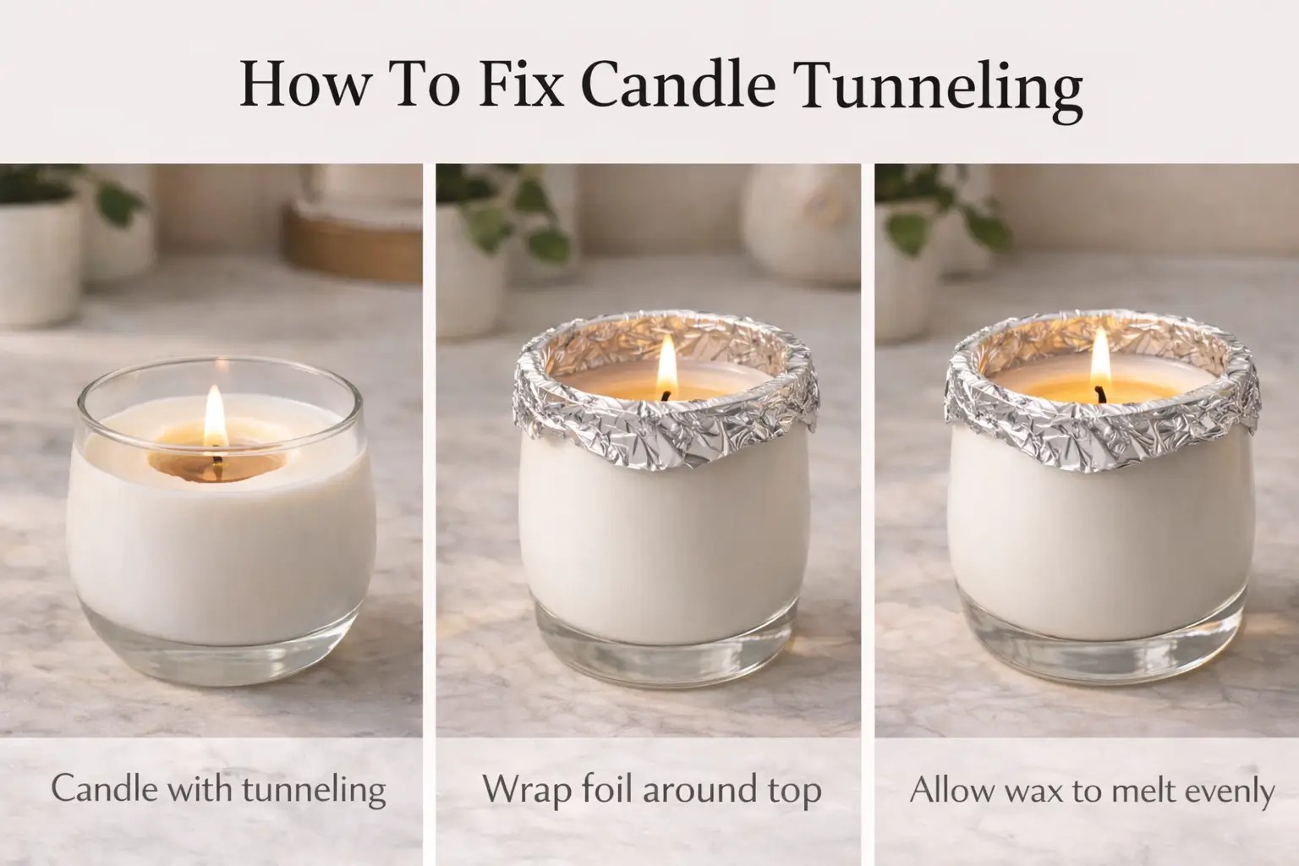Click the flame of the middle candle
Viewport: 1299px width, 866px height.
[667, 362]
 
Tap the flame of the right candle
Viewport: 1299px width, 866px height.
[1099, 357]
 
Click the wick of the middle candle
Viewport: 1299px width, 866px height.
[668, 393]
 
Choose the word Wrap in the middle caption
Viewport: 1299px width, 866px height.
[525, 790]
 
